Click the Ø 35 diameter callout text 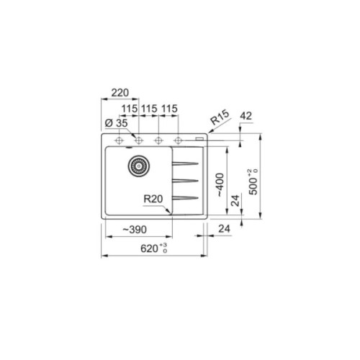(115, 122)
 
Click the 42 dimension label (246, 115)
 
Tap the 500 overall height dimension (250, 178)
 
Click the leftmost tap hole (119, 139)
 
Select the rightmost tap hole (178, 139)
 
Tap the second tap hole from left (139, 139)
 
